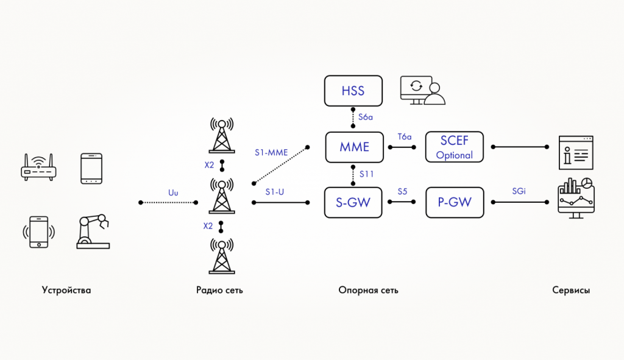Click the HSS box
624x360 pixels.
pyautogui.click(x=353, y=91)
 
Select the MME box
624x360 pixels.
pyautogui.click(x=354, y=147)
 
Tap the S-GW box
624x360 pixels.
pyautogui.click(x=353, y=203)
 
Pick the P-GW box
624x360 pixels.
pyautogui.click(x=455, y=203)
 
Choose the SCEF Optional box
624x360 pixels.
pyautogui.click(x=455, y=147)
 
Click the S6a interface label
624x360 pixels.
pyautogui.click(x=366, y=116)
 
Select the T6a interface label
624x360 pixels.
pyautogui.click(x=405, y=136)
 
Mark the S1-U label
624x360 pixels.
pyautogui.click(x=275, y=192)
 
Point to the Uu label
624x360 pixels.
pyautogui.click(x=173, y=192)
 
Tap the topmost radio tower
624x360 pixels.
pyautogui.click(x=221, y=135)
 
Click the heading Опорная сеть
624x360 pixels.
pyautogui.click(x=368, y=291)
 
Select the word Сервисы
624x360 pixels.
pyautogui.click(x=571, y=291)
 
